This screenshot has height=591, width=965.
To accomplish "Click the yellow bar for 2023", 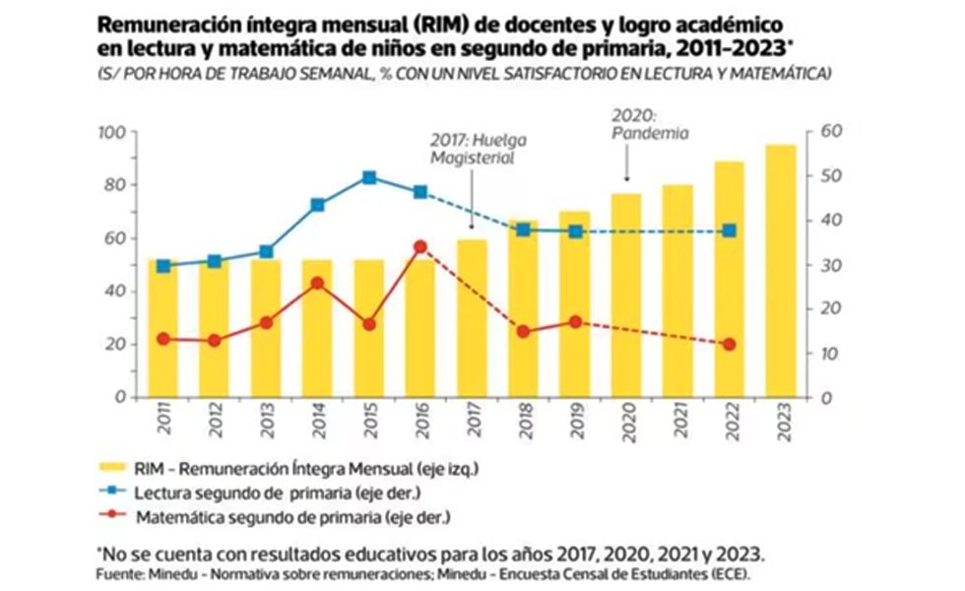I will pos(780,271).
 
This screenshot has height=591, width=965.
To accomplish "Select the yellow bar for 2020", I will pos(626,295).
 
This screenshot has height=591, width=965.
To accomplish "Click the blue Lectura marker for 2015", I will pos(369,177).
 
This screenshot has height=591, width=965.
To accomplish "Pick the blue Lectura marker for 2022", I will pos(729,230).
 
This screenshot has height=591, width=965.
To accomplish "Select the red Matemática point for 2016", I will pos(420,246).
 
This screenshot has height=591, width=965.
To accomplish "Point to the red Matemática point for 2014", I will pos(318,283).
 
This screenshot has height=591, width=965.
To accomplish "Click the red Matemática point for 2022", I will pos(729,344).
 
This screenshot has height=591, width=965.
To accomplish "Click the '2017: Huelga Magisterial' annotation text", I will pos(473,149).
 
